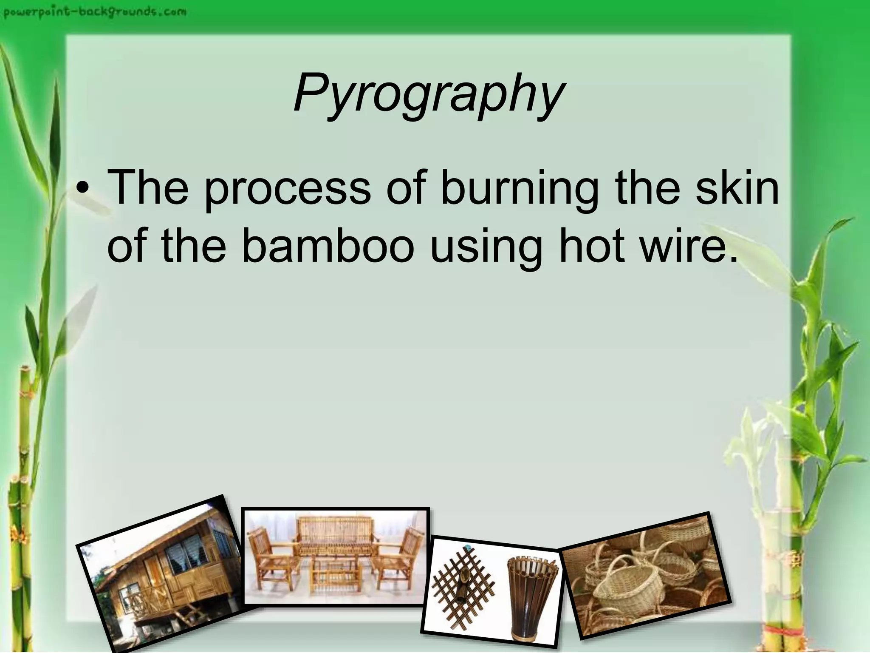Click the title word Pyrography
coord(429,93)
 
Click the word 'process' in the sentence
coord(288,188)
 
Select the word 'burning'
coord(520,188)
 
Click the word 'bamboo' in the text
coord(328,247)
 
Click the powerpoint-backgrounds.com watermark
coord(95,11)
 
